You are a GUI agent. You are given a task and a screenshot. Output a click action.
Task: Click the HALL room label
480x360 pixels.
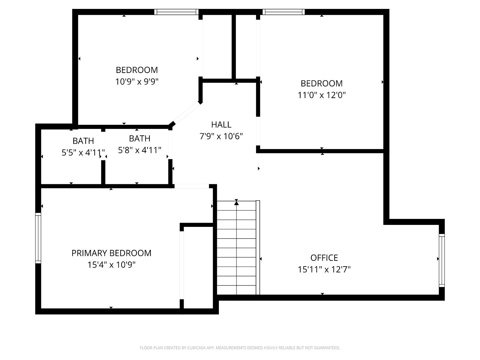coord(221,124)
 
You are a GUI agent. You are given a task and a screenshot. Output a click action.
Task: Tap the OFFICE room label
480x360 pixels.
coord(324,258)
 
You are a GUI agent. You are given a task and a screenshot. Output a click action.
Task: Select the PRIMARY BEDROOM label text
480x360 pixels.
coord(111,253)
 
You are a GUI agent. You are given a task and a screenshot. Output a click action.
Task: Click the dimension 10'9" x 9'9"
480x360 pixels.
coord(137,82)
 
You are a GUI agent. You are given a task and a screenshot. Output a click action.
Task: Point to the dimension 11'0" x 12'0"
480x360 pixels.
coord(322,95)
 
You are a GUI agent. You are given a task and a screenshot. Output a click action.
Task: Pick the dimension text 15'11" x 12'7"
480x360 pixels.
coord(324,269)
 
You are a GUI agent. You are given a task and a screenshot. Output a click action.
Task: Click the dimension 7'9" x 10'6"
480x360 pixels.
coord(221,136)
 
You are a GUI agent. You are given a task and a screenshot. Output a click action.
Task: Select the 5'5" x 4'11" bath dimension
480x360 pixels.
coord(83,152)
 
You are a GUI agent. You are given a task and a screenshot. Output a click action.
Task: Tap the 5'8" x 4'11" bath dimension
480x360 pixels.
coord(140,150)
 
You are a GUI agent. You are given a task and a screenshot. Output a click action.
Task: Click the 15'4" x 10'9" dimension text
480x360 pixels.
coord(111,265)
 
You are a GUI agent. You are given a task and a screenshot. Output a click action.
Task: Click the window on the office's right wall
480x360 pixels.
coord(442,260)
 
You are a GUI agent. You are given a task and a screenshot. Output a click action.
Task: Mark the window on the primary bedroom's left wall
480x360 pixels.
coord(38,238)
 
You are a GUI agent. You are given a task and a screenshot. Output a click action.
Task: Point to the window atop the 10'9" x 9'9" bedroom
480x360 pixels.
coord(176,12)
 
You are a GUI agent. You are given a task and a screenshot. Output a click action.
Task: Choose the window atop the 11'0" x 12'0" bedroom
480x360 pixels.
coord(283,12)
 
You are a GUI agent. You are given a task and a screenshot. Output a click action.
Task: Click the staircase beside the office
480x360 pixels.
coord(237,248)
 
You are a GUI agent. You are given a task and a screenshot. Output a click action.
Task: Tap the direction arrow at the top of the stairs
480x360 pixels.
coord(236,202)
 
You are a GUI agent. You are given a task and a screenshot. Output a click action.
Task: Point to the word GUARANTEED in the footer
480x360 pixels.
coord(328,348)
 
